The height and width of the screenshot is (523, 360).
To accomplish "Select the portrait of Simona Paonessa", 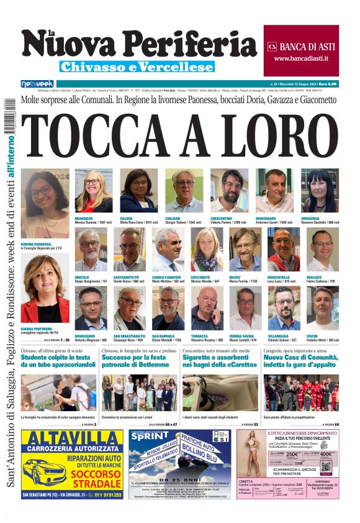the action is point(45,204).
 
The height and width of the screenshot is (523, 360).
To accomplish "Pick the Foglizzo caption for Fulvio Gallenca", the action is point(320,280).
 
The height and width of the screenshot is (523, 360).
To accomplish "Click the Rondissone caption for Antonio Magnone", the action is point(93,338).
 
